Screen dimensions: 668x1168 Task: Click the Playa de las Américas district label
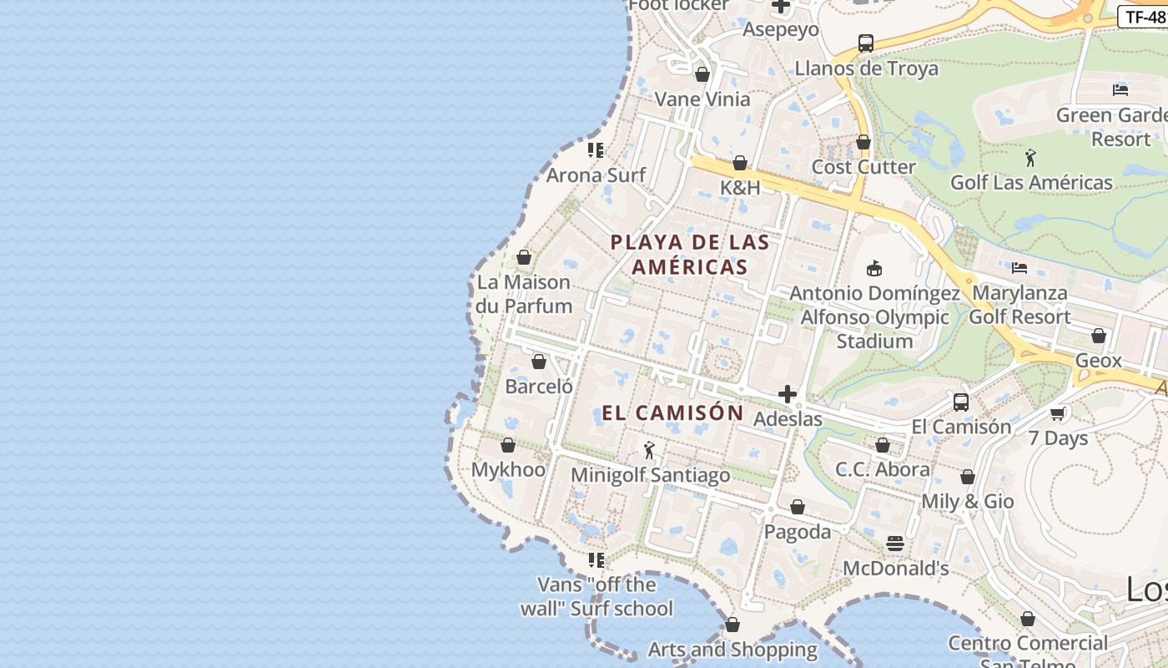[690, 255]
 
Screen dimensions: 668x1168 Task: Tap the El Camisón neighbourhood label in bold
[672, 412]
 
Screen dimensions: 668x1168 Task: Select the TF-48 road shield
[1144, 17]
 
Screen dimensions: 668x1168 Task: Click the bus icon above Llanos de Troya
[866, 43]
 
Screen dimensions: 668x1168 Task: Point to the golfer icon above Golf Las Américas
[1031, 157]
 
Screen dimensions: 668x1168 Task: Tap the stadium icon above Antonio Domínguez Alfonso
[874, 268]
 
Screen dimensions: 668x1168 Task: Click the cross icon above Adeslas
[787, 394]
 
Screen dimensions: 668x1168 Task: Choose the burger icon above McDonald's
[895, 544]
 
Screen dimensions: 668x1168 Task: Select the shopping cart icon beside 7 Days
[1058, 413]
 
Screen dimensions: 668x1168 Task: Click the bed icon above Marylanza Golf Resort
[1019, 268]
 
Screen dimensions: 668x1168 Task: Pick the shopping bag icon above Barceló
[539, 362]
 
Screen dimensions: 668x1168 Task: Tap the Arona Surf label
[596, 175]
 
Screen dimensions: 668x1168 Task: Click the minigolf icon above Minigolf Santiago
[649, 451]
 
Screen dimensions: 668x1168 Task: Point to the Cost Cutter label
[863, 167]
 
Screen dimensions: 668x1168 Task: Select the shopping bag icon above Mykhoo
[508, 445]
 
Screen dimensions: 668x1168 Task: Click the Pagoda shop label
[798, 532]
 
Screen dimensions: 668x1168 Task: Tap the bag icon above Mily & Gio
[968, 477]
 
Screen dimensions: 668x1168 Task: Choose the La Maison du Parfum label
[524, 294]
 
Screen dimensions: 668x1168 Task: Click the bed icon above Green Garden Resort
[1120, 90]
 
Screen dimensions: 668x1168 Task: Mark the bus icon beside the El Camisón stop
[961, 402]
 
